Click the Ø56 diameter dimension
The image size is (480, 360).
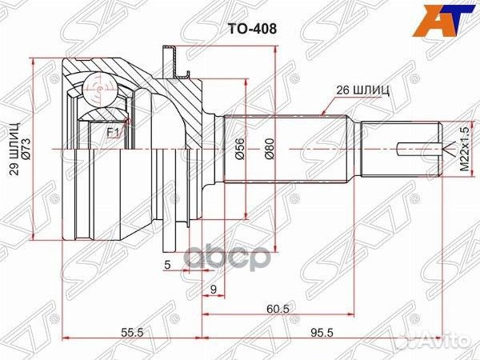point(238,150)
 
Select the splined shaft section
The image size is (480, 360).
point(288,150)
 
